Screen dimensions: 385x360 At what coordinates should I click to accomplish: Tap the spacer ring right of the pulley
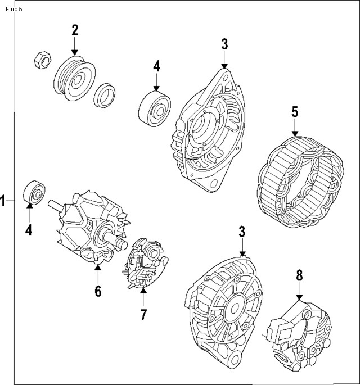(105, 95)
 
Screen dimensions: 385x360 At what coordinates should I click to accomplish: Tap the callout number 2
(75, 30)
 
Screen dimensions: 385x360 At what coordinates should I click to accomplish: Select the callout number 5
(294, 112)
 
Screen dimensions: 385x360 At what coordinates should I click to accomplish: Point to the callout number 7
(143, 314)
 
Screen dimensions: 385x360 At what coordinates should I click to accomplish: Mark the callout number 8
(299, 275)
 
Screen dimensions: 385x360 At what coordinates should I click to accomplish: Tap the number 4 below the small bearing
(28, 230)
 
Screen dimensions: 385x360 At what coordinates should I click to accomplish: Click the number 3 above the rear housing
(242, 231)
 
